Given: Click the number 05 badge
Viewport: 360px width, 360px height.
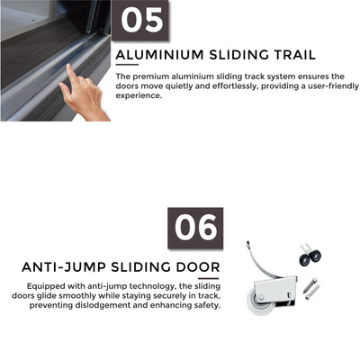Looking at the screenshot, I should (141, 20).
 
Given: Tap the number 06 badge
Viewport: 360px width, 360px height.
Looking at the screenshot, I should (195, 228).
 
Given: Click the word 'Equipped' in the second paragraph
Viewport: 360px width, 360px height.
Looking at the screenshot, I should (45, 287).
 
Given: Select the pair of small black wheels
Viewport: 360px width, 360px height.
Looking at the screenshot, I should (310, 257).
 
